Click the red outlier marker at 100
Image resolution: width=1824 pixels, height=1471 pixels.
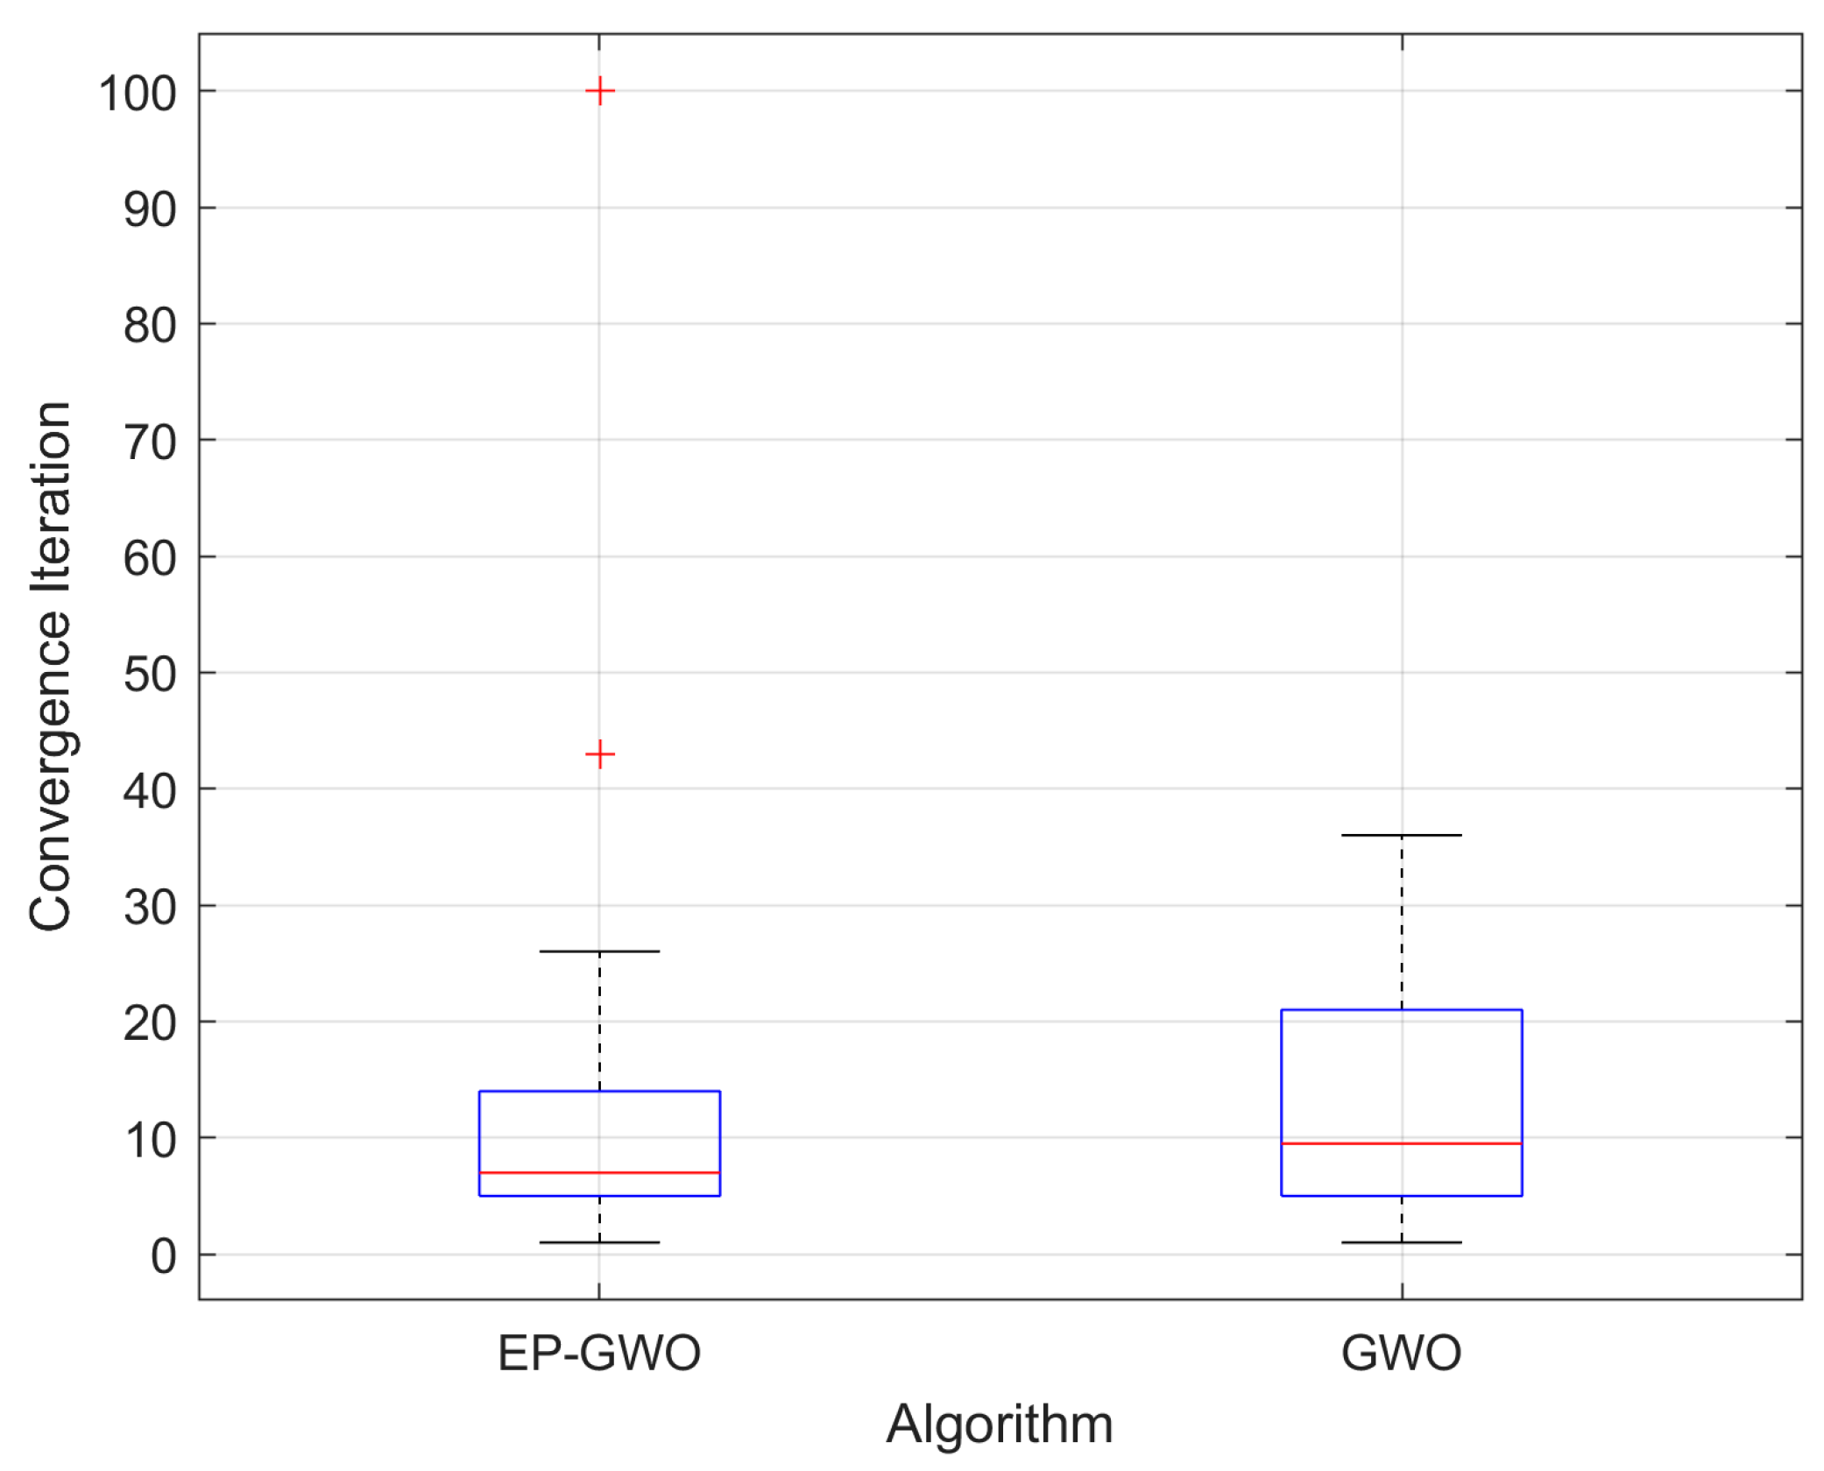point(599,91)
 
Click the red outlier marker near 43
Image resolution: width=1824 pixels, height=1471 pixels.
point(599,753)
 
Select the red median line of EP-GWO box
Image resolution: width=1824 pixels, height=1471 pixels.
point(599,1172)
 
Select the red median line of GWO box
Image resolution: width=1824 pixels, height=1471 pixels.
point(1401,1143)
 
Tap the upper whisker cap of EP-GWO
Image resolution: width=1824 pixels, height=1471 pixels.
point(599,951)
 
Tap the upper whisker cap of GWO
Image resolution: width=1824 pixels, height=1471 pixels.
point(1401,835)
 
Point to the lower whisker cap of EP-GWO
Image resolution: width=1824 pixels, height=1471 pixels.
point(599,1242)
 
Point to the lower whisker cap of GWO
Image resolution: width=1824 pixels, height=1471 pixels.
point(1401,1242)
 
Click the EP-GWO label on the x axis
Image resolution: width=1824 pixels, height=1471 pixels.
point(599,1353)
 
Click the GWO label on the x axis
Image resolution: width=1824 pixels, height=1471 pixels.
point(1401,1353)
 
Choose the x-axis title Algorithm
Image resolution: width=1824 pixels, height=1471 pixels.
point(1000,1425)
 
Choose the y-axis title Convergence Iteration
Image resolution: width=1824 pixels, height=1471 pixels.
point(50,666)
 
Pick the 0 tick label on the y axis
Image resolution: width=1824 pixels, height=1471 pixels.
point(163,1256)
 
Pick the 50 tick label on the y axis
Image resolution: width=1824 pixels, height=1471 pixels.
point(150,675)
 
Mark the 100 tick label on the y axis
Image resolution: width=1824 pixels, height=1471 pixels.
point(138,94)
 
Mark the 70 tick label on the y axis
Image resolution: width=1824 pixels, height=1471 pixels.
point(150,442)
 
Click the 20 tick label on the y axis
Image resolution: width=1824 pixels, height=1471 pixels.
point(150,1023)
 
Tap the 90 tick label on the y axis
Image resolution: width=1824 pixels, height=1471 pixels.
point(150,210)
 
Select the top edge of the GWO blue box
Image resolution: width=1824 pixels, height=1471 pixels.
point(1401,1010)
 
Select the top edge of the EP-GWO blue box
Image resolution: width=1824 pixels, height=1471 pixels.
point(599,1092)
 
